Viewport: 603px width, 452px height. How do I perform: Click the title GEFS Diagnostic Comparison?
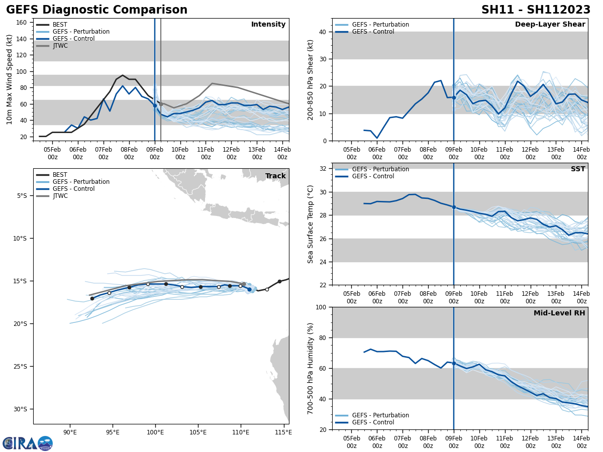[96, 10]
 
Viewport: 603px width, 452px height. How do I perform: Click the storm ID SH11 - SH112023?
[536, 10]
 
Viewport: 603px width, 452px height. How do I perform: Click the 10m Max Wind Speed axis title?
[10, 79]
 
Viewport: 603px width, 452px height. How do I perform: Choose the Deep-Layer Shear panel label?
[550, 25]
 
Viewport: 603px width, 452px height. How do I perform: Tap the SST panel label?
[577, 169]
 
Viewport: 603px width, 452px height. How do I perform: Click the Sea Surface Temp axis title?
[311, 224]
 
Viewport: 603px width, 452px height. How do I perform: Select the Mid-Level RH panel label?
[559, 313]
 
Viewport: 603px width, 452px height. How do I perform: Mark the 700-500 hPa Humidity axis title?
[311, 368]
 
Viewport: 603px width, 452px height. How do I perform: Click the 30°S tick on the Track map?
[21, 409]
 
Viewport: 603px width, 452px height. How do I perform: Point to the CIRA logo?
[28, 443]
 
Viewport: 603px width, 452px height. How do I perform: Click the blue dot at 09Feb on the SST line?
[454, 207]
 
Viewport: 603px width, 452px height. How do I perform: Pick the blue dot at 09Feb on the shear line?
[454, 97]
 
